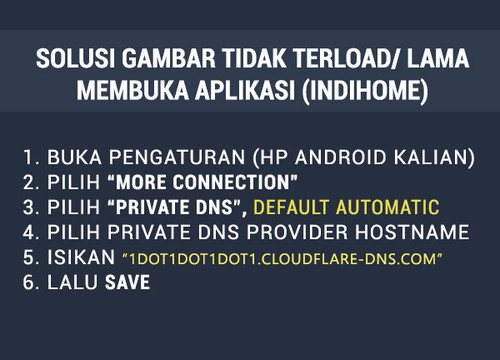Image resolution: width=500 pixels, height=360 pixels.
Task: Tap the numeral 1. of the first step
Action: pos(30,157)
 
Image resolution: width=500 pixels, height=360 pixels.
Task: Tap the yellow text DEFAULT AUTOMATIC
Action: pos(346,208)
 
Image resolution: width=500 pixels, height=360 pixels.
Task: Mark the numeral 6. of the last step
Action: pos(31,284)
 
